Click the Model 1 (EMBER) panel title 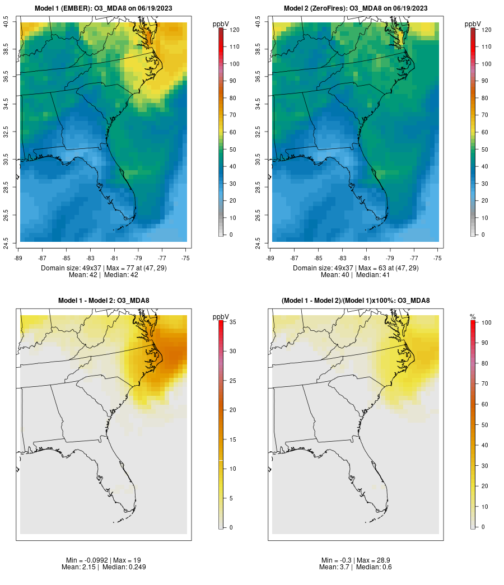pyautogui.click(x=104, y=8)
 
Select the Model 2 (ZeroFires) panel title pyautogui.click(x=356, y=8)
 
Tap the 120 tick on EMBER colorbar pyautogui.click(x=234, y=30)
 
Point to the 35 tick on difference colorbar pyautogui.click(x=231, y=322)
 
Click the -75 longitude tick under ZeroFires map pyautogui.click(x=438, y=258)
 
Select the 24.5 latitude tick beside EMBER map pyautogui.click(x=6, y=242)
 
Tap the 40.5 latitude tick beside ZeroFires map pyautogui.click(x=258, y=22)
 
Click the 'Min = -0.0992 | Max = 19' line pyautogui.click(x=104, y=560)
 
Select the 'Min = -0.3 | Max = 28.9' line pyautogui.click(x=356, y=560)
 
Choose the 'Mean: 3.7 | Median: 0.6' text pyautogui.click(x=356, y=567)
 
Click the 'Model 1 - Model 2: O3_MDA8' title pyautogui.click(x=104, y=301)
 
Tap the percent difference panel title pyautogui.click(x=356, y=301)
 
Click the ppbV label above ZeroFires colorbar pyautogui.click(x=473, y=24)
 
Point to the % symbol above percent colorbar pyautogui.click(x=473, y=317)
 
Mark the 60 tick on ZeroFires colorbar pyautogui.click(x=483, y=132)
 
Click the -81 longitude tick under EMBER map pyautogui.click(x=114, y=258)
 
